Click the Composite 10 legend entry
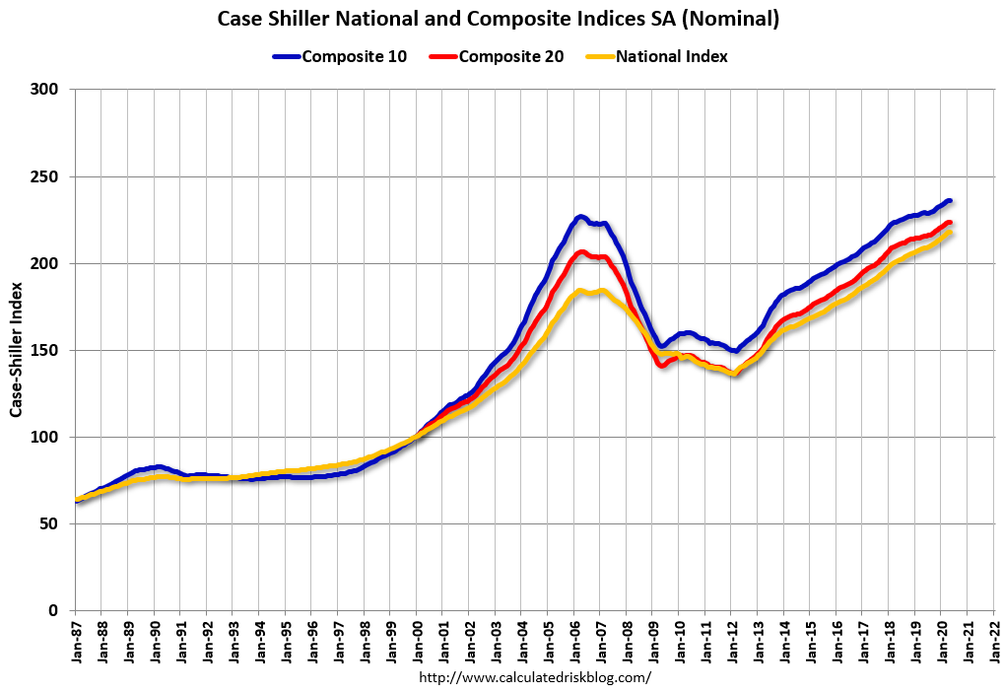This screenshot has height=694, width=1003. (339, 56)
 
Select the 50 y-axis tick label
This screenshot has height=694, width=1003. (51, 523)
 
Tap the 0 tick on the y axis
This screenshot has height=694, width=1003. (55, 610)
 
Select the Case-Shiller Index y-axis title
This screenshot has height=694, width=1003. (17, 350)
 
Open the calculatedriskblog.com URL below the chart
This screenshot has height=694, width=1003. (535, 677)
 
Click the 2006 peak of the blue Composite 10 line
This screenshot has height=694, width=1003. (581, 217)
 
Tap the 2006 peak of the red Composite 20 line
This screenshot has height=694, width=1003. (581, 252)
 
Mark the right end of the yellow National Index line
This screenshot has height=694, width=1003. (950, 233)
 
